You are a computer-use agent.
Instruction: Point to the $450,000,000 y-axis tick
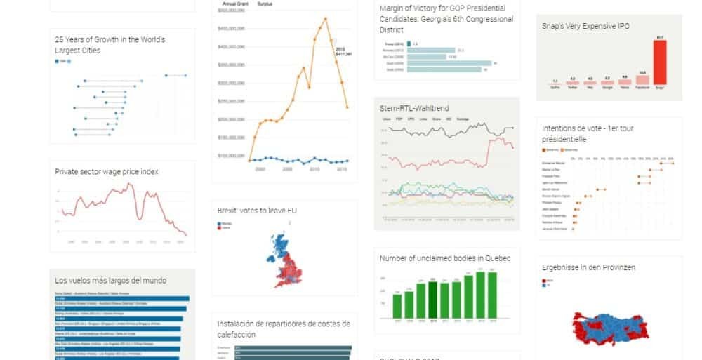tap(231, 29)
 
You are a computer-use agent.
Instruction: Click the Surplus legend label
tap(265, 4)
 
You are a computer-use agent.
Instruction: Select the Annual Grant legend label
tap(234, 4)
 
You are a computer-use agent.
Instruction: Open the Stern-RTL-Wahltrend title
tap(414, 108)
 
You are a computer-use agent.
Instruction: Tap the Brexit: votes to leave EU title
tap(258, 210)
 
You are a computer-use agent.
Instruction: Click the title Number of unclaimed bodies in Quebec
tap(445, 258)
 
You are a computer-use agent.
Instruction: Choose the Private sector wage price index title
tap(107, 171)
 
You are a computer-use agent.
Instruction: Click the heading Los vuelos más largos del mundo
tap(111, 280)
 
